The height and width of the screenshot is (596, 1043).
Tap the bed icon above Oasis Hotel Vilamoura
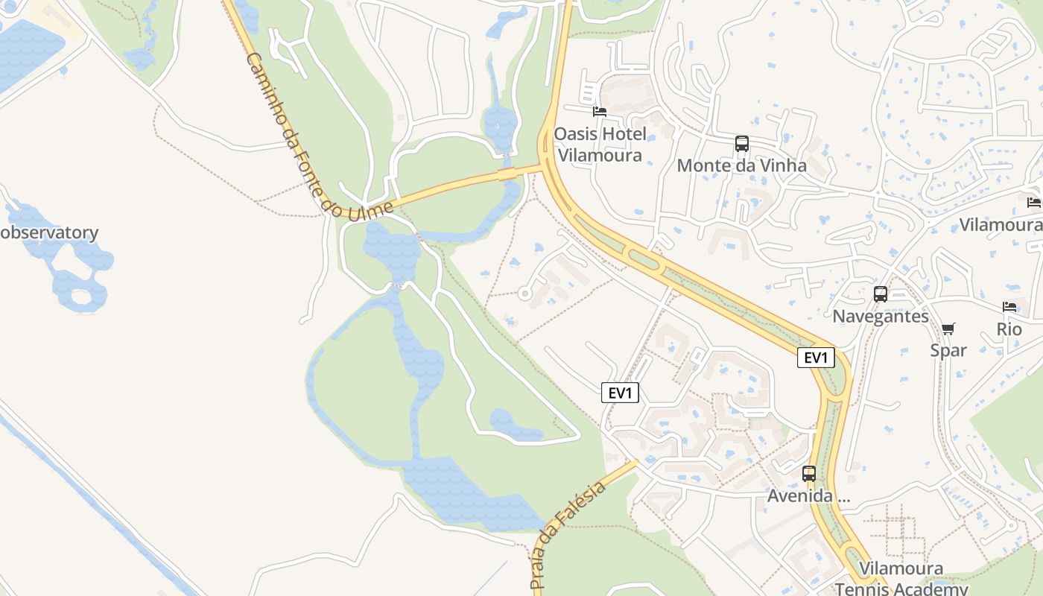(600, 112)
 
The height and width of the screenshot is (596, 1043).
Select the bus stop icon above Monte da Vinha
(741, 143)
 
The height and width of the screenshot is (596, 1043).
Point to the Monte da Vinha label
(741, 165)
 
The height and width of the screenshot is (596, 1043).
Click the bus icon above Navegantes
(881, 294)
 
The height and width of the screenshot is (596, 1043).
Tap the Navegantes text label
(881, 317)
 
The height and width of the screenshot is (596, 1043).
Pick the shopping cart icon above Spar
(948, 329)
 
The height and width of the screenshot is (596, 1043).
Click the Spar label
(948, 350)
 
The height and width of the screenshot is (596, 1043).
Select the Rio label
(1009, 329)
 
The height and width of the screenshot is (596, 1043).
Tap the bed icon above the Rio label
(1009, 307)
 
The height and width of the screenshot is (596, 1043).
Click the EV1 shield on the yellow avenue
(816, 358)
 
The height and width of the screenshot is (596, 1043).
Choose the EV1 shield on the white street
(620, 393)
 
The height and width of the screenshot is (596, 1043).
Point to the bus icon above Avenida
(809, 473)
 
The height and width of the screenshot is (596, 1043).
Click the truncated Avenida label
(808, 496)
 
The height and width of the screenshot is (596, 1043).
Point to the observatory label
(49, 232)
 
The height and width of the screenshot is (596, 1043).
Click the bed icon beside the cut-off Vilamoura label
(1033, 202)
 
